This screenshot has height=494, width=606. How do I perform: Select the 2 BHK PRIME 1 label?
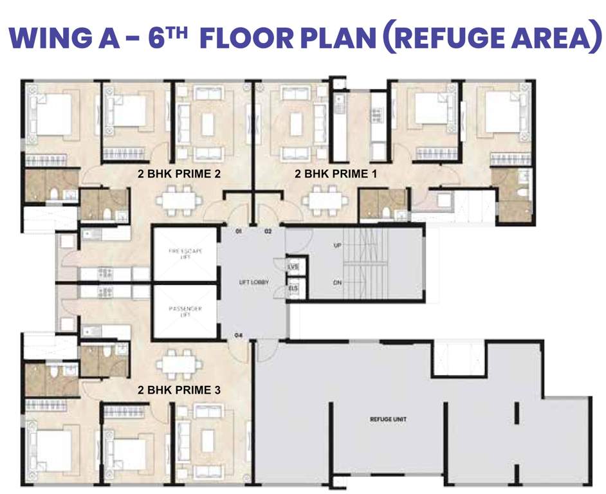[x=336, y=174]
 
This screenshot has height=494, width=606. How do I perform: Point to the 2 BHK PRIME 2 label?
[x=179, y=174]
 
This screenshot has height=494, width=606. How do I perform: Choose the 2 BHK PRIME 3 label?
[x=179, y=390]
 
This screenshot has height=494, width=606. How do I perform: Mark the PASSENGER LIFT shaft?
[x=185, y=312]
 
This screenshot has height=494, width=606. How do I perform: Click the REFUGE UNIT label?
[x=388, y=419]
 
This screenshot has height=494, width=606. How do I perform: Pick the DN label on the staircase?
[x=338, y=282]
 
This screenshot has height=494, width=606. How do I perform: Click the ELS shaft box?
[x=294, y=289]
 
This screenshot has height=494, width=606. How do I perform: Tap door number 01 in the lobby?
[x=239, y=230]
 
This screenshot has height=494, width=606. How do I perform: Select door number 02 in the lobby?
[x=268, y=230]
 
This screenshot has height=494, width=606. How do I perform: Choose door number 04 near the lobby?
[x=239, y=335]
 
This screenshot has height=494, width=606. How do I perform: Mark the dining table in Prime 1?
[x=326, y=200]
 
